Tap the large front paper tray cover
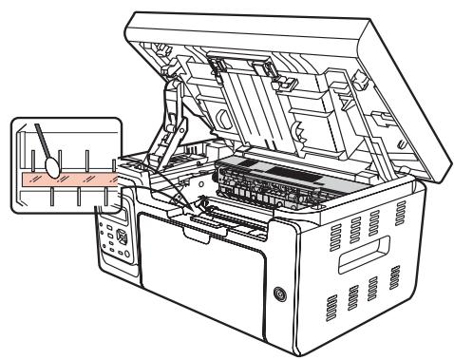[204, 271]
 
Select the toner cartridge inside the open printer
[285, 184]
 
